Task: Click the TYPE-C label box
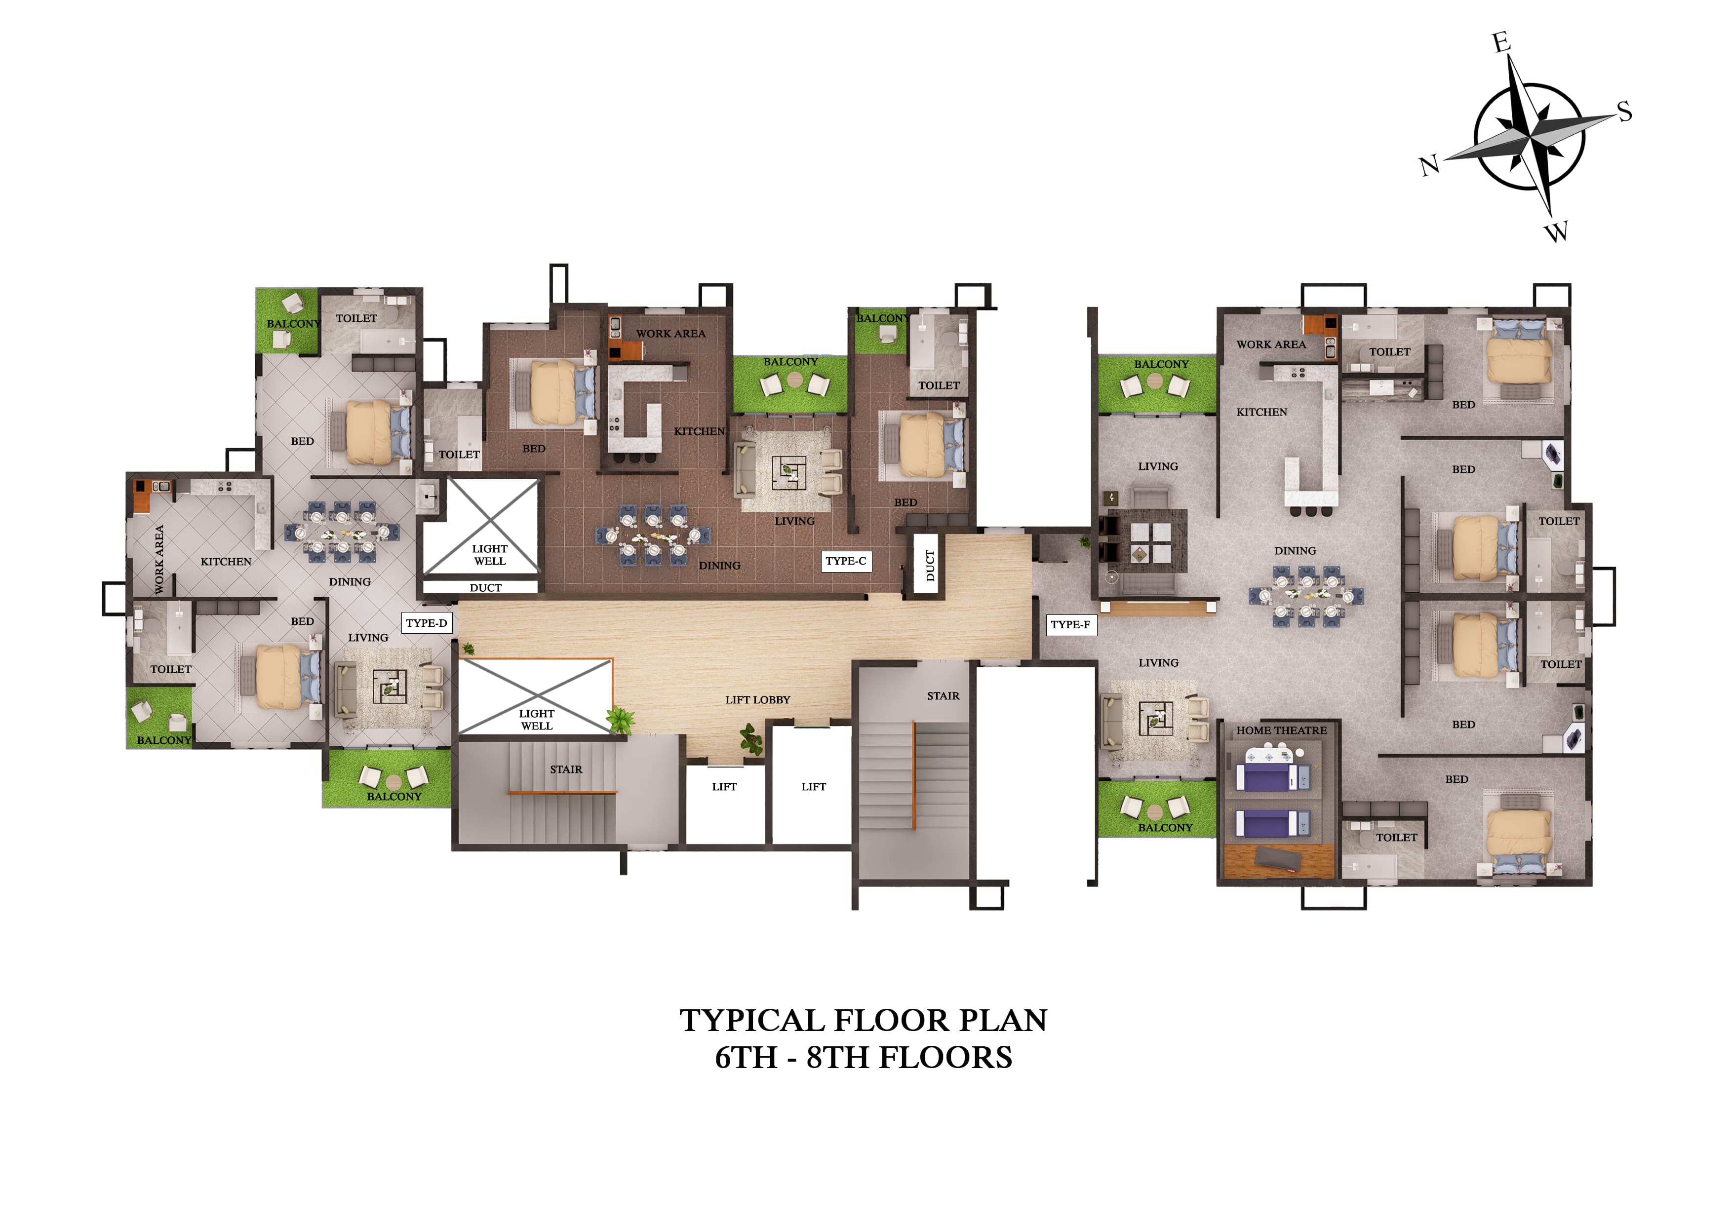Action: [846, 561]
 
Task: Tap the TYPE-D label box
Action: [426, 623]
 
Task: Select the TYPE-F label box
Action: [1070, 624]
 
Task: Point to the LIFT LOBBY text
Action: [757, 700]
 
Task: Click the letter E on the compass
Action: [1501, 42]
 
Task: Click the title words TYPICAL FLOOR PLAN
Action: [863, 1020]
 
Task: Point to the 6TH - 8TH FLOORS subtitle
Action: [863, 1057]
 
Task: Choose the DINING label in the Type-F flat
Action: [1295, 550]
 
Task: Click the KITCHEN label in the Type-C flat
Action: [699, 431]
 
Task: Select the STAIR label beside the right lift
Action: [943, 696]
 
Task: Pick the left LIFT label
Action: [724, 787]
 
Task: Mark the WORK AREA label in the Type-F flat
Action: [1270, 344]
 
